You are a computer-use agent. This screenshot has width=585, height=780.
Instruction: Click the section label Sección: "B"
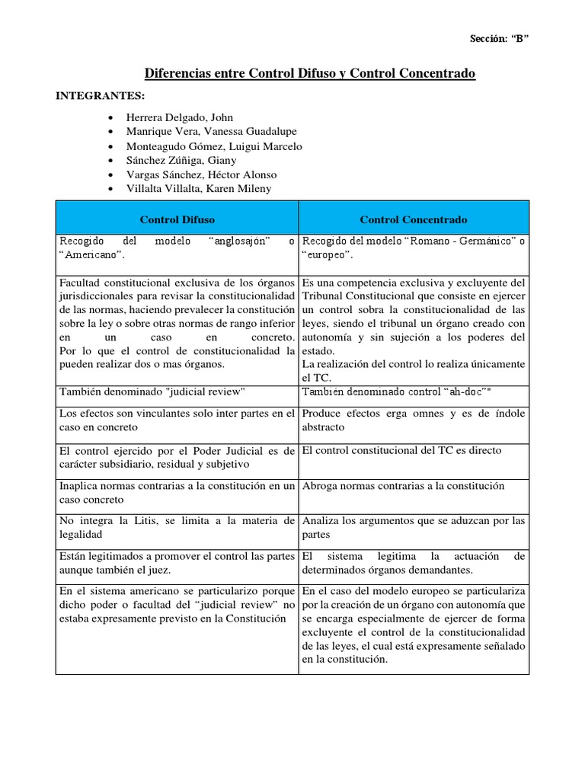(497, 40)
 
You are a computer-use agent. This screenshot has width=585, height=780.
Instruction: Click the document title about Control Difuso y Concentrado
(309, 73)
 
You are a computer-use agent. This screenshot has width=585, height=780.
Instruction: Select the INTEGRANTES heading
(100, 96)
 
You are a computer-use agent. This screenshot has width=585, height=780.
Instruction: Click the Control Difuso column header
(177, 219)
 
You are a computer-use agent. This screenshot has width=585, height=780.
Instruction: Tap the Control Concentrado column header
(414, 219)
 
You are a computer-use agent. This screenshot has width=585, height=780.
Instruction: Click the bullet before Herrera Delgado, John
(113, 118)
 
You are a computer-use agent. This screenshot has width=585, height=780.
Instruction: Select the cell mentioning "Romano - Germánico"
(414, 248)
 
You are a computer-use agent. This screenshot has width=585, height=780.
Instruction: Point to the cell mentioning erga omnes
(414, 420)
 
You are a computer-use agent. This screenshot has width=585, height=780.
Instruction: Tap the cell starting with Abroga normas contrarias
(414, 485)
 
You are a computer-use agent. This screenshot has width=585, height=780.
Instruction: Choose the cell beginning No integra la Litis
(177, 528)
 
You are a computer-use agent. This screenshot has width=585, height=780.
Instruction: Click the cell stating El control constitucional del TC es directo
(414, 450)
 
